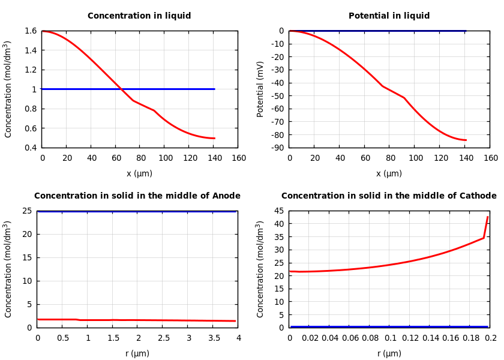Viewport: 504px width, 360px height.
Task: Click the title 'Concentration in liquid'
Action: (139, 16)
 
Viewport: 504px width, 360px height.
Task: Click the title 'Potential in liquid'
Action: (389, 16)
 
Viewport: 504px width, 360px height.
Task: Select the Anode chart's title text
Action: (137, 196)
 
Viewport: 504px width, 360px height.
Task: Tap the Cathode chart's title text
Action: (389, 196)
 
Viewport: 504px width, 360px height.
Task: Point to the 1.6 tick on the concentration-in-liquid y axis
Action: (30, 31)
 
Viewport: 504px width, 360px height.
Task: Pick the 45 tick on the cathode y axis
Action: (278, 211)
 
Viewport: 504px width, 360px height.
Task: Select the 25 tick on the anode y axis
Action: (26, 211)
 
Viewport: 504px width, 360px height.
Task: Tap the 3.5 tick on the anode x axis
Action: (213, 338)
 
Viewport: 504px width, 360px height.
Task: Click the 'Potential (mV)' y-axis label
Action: (260, 89)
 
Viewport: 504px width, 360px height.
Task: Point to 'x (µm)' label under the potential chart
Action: (389, 174)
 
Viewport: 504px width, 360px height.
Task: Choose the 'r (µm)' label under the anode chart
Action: (137, 354)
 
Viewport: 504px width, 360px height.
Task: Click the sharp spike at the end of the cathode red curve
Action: (487, 217)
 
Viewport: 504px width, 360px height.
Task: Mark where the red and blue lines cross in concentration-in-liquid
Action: (121, 89)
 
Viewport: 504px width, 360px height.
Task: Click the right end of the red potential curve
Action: (466, 140)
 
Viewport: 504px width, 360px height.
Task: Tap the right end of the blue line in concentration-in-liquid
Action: (214, 89)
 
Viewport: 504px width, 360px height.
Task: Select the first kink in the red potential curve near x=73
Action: (382, 86)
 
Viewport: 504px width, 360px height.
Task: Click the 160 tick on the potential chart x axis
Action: (490, 158)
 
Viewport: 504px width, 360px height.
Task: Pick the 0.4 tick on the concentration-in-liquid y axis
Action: (30, 148)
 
